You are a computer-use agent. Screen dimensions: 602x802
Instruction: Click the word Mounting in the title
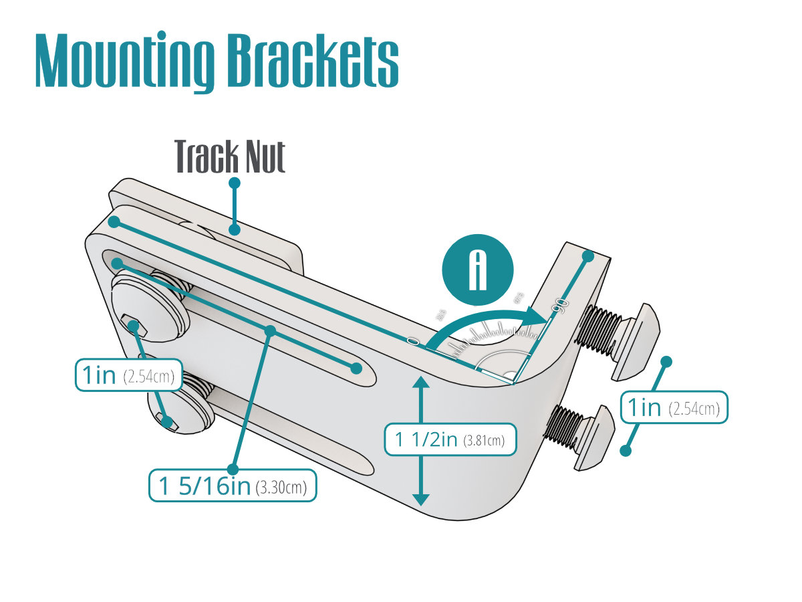(x=124, y=62)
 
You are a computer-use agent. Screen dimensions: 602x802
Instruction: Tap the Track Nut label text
(x=230, y=157)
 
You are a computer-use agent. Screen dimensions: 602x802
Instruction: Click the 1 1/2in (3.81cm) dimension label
(x=450, y=439)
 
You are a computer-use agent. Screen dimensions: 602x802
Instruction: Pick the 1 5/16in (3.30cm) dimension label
(x=233, y=486)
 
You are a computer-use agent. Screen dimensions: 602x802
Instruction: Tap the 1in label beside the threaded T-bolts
(x=674, y=407)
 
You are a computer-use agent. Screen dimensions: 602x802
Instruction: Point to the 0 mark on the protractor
(x=413, y=342)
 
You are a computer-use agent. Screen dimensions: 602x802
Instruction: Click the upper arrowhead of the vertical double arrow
(x=420, y=384)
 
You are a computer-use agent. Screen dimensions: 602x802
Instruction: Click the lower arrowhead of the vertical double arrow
(x=420, y=498)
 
